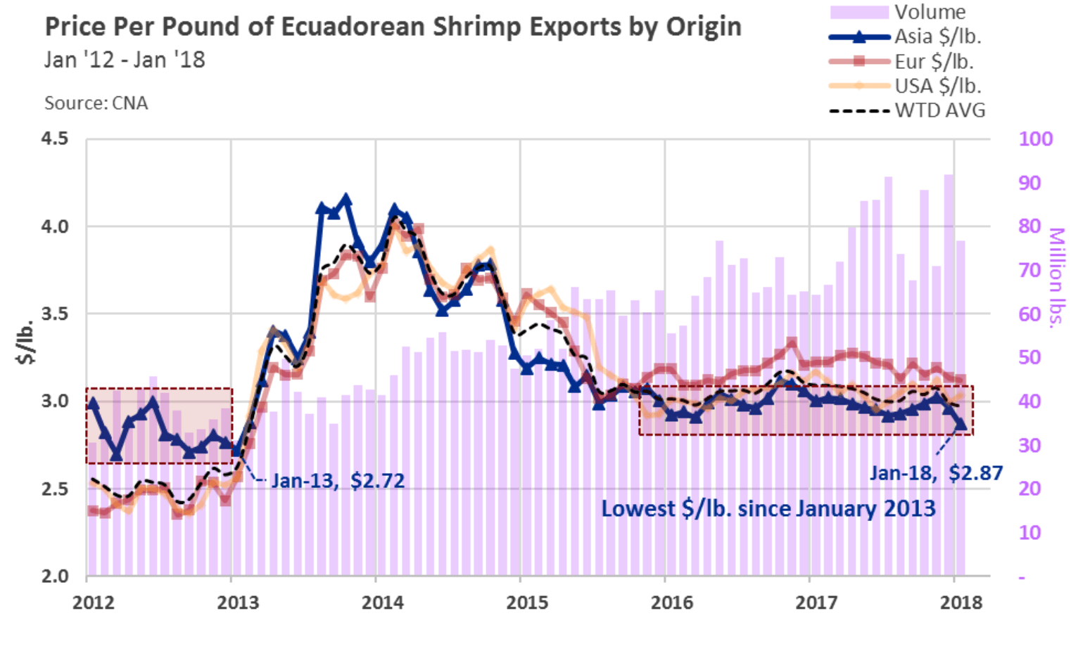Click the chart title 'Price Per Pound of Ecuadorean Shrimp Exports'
[x=393, y=27]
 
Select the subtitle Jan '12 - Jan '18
[x=125, y=60]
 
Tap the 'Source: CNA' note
[x=96, y=103]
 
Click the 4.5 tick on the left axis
[x=55, y=138]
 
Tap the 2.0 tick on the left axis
[x=55, y=576]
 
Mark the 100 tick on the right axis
[x=1035, y=138]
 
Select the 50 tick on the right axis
[x=1029, y=357]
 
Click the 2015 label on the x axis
[x=527, y=602]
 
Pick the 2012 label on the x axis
[x=94, y=602]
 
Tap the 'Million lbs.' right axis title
[x=1056, y=278]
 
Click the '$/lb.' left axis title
[x=26, y=342]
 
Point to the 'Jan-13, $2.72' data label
[x=338, y=481]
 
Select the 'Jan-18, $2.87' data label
[x=936, y=472]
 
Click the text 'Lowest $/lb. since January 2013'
[x=768, y=508]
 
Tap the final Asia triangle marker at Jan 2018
[x=960, y=423]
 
